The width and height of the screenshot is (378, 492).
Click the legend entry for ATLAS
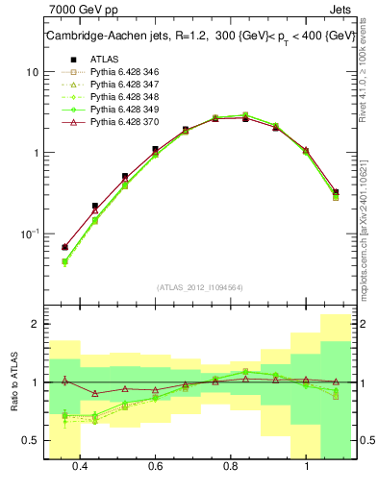[x=104, y=60]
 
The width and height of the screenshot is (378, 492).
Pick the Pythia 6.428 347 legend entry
[x=119, y=85]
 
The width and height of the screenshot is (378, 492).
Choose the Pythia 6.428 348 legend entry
[x=119, y=97]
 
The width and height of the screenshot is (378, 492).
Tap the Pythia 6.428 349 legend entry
[x=119, y=110]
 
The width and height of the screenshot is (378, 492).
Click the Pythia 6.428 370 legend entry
[x=119, y=122]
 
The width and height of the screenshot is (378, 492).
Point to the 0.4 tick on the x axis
[x=80, y=468]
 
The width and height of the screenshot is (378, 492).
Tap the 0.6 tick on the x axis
[x=155, y=468]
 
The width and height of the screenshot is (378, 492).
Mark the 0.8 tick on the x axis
[x=231, y=468]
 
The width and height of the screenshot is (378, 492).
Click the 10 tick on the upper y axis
[x=31, y=72]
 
